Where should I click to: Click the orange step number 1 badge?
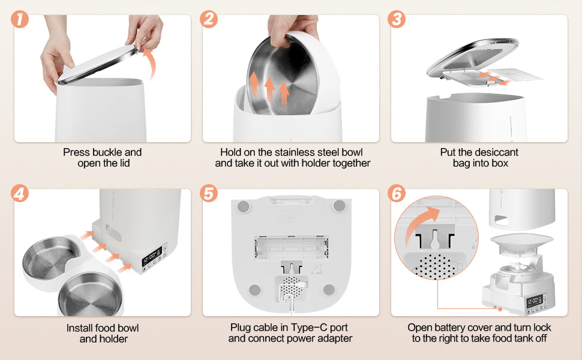point(20,19)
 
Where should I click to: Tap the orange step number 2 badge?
point(209,19)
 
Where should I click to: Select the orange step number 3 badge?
point(397,19)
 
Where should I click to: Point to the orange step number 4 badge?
point(20,193)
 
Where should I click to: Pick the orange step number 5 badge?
point(209,193)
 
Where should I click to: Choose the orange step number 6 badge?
point(397,193)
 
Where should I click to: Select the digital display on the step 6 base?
point(535,300)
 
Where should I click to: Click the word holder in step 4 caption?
point(112,339)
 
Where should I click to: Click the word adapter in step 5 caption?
point(335,338)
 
